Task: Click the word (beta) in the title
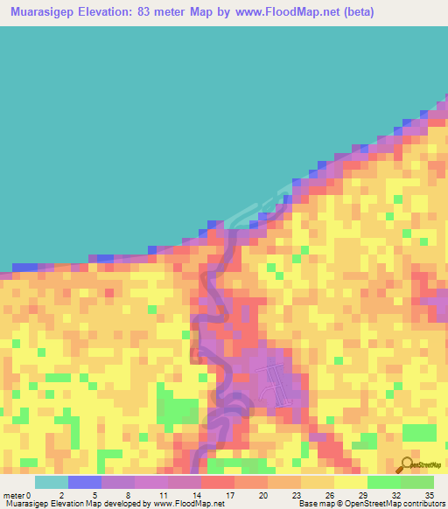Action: point(363,11)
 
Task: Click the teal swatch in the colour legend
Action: point(51,482)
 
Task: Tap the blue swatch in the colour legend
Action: point(84,482)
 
